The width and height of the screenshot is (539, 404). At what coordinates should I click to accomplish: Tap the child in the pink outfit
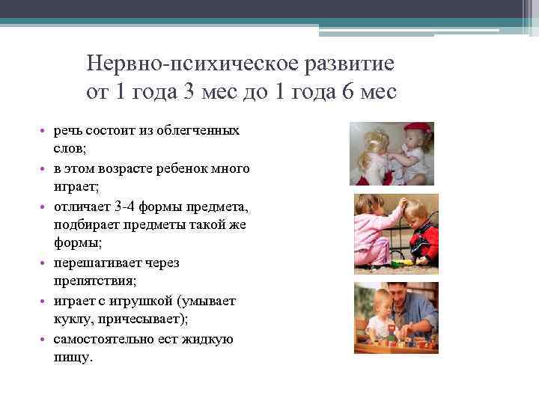(x=372, y=232)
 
